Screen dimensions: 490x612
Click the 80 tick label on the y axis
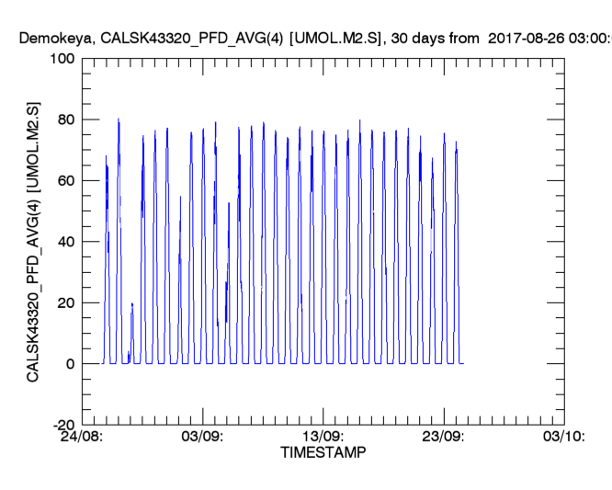click(63, 120)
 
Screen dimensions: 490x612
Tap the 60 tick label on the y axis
click(63, 180)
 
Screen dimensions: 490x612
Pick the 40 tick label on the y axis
click(63, 242)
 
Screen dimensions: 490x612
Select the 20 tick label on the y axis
click(63, 302)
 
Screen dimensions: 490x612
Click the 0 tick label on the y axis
click(68, 364)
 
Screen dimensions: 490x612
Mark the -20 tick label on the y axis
click(61, 425)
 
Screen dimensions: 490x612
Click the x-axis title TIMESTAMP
click(323, 453)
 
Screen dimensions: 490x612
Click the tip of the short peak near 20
click(131, 303)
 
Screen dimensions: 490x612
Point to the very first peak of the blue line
click(106, 156)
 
